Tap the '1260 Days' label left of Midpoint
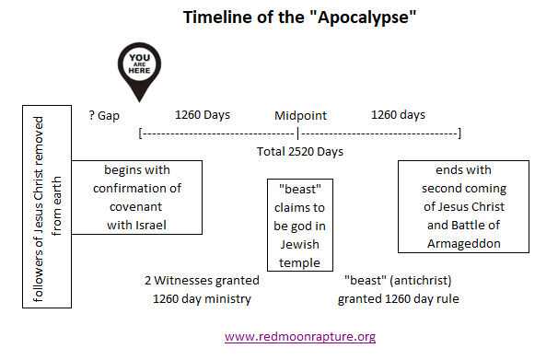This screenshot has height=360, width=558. [203, 115]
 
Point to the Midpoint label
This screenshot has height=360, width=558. [300, 116]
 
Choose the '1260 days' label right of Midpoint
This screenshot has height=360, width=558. [398, 115]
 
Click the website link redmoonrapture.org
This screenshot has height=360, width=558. [300, 337]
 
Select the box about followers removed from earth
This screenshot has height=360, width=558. [46, 212]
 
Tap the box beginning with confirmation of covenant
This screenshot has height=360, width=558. [136, 197]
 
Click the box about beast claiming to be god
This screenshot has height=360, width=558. [299, 225]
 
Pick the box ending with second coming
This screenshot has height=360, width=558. [463, 206]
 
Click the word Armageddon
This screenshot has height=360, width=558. [463, 243]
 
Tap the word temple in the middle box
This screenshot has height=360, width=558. [300, 263]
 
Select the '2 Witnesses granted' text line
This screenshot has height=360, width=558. [202, 280]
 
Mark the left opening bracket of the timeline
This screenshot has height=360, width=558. [140, 134]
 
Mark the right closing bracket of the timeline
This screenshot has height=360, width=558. [459, 134]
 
